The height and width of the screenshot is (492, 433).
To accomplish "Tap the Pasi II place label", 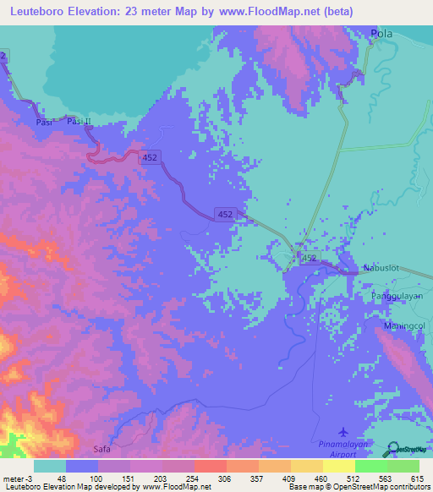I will point(79,123).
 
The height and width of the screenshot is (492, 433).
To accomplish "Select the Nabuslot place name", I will point(381,268).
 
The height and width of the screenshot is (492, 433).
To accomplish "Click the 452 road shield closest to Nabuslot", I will point(309,258).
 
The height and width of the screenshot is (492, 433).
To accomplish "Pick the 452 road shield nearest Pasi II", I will point(150,157).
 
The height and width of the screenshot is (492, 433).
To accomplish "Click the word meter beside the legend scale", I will point(12,478).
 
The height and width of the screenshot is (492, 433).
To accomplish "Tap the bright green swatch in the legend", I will point(370,466).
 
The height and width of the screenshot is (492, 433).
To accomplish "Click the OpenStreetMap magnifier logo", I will point(392,450).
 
